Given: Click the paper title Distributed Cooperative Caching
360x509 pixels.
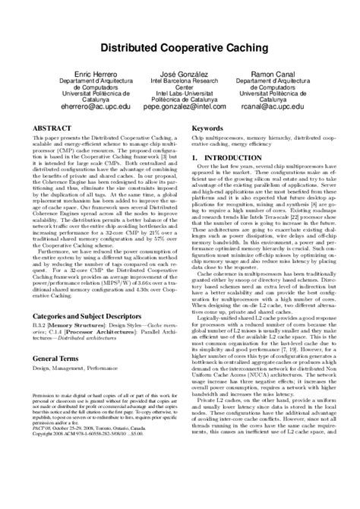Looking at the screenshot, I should [180, 48].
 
